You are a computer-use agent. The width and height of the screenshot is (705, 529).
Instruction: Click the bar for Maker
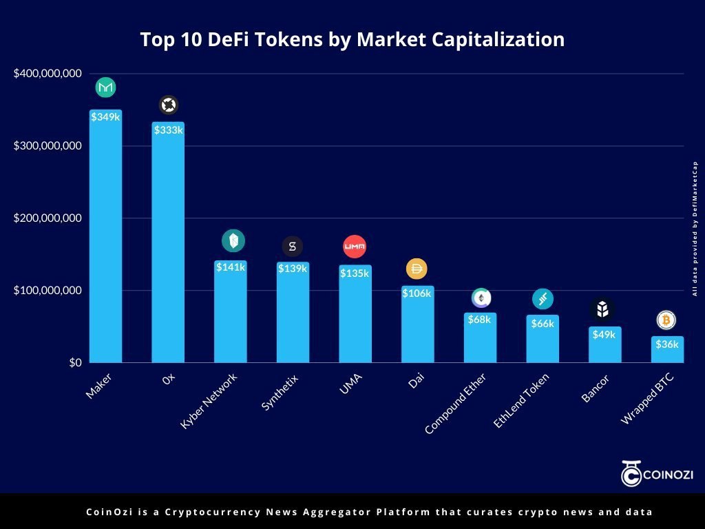tap(105, 236)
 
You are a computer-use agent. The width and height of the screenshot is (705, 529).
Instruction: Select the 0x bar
tap(168, 242)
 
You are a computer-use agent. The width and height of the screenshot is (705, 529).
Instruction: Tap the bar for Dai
tap(418, 324)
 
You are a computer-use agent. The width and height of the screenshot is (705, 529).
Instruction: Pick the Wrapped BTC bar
tap(667, 349)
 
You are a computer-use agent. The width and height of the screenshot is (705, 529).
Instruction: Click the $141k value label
tap(231, 267)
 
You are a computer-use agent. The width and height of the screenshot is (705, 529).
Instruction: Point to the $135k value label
tap(355, 273)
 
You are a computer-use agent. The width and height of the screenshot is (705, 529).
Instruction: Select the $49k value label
tap(604, 335)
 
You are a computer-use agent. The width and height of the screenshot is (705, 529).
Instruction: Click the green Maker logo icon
tap(105, 87)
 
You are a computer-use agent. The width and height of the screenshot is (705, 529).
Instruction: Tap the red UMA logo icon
tap(355, 247)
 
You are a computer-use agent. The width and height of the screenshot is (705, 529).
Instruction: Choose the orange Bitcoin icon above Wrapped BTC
tap(666, 320)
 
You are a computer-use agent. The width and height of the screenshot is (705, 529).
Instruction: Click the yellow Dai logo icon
tap(417, 269)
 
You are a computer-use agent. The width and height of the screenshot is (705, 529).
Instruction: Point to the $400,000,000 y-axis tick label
tap(48, 73)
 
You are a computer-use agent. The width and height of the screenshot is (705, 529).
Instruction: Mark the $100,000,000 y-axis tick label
tap(48, 290)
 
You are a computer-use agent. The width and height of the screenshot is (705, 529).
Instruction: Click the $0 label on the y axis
tap(76, 362)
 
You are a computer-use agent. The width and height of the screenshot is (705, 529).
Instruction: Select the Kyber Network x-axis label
tap(209, 402)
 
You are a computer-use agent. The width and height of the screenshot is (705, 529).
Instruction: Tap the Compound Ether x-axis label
tap(456, 404)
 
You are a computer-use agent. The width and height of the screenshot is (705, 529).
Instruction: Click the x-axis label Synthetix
tap(280, 392)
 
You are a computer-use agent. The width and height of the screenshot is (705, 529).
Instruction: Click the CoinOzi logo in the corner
tap(657, 473)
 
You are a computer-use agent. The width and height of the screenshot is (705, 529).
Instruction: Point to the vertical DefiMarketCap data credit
tap(695, 229)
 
